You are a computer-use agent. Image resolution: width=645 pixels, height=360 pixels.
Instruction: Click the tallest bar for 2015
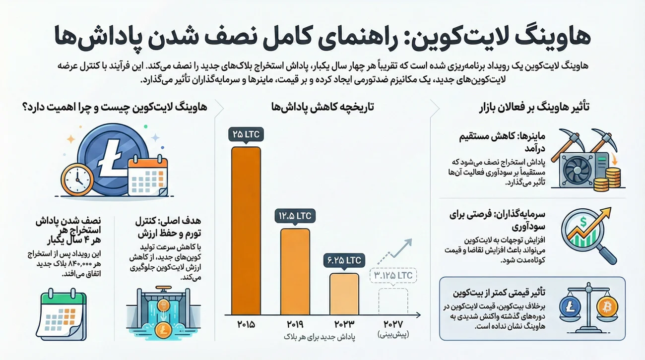[246, 231]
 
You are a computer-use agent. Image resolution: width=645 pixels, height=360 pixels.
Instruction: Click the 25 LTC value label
[246, 134]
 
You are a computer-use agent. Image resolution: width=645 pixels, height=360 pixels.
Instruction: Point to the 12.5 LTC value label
[295, 216]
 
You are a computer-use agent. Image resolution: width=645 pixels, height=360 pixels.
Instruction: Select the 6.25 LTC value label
[344, 260]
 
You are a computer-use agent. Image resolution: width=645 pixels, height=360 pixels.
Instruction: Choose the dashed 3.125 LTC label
[393, 275]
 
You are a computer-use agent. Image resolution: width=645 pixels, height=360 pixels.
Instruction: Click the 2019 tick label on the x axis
[295, 325]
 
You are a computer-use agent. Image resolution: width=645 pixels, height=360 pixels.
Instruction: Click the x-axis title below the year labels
[319, 337]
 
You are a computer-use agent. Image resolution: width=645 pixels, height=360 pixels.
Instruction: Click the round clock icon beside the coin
[77, 180]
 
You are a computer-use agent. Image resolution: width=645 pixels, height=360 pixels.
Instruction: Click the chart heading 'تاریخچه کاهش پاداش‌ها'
[322, 107]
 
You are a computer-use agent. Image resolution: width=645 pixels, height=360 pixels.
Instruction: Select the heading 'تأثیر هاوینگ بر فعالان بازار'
[533, 107]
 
